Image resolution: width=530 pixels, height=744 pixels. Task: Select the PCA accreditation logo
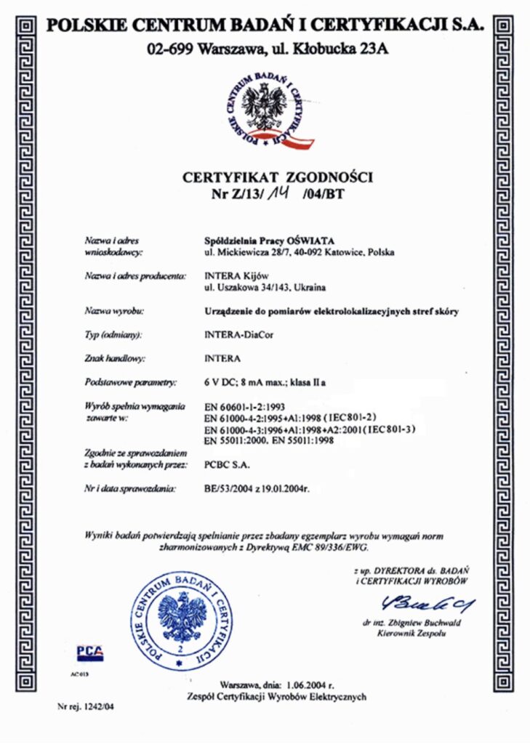point(90,652)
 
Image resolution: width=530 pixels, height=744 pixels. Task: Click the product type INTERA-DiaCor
point(237,334)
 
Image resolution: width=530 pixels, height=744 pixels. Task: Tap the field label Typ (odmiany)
point(113,334)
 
